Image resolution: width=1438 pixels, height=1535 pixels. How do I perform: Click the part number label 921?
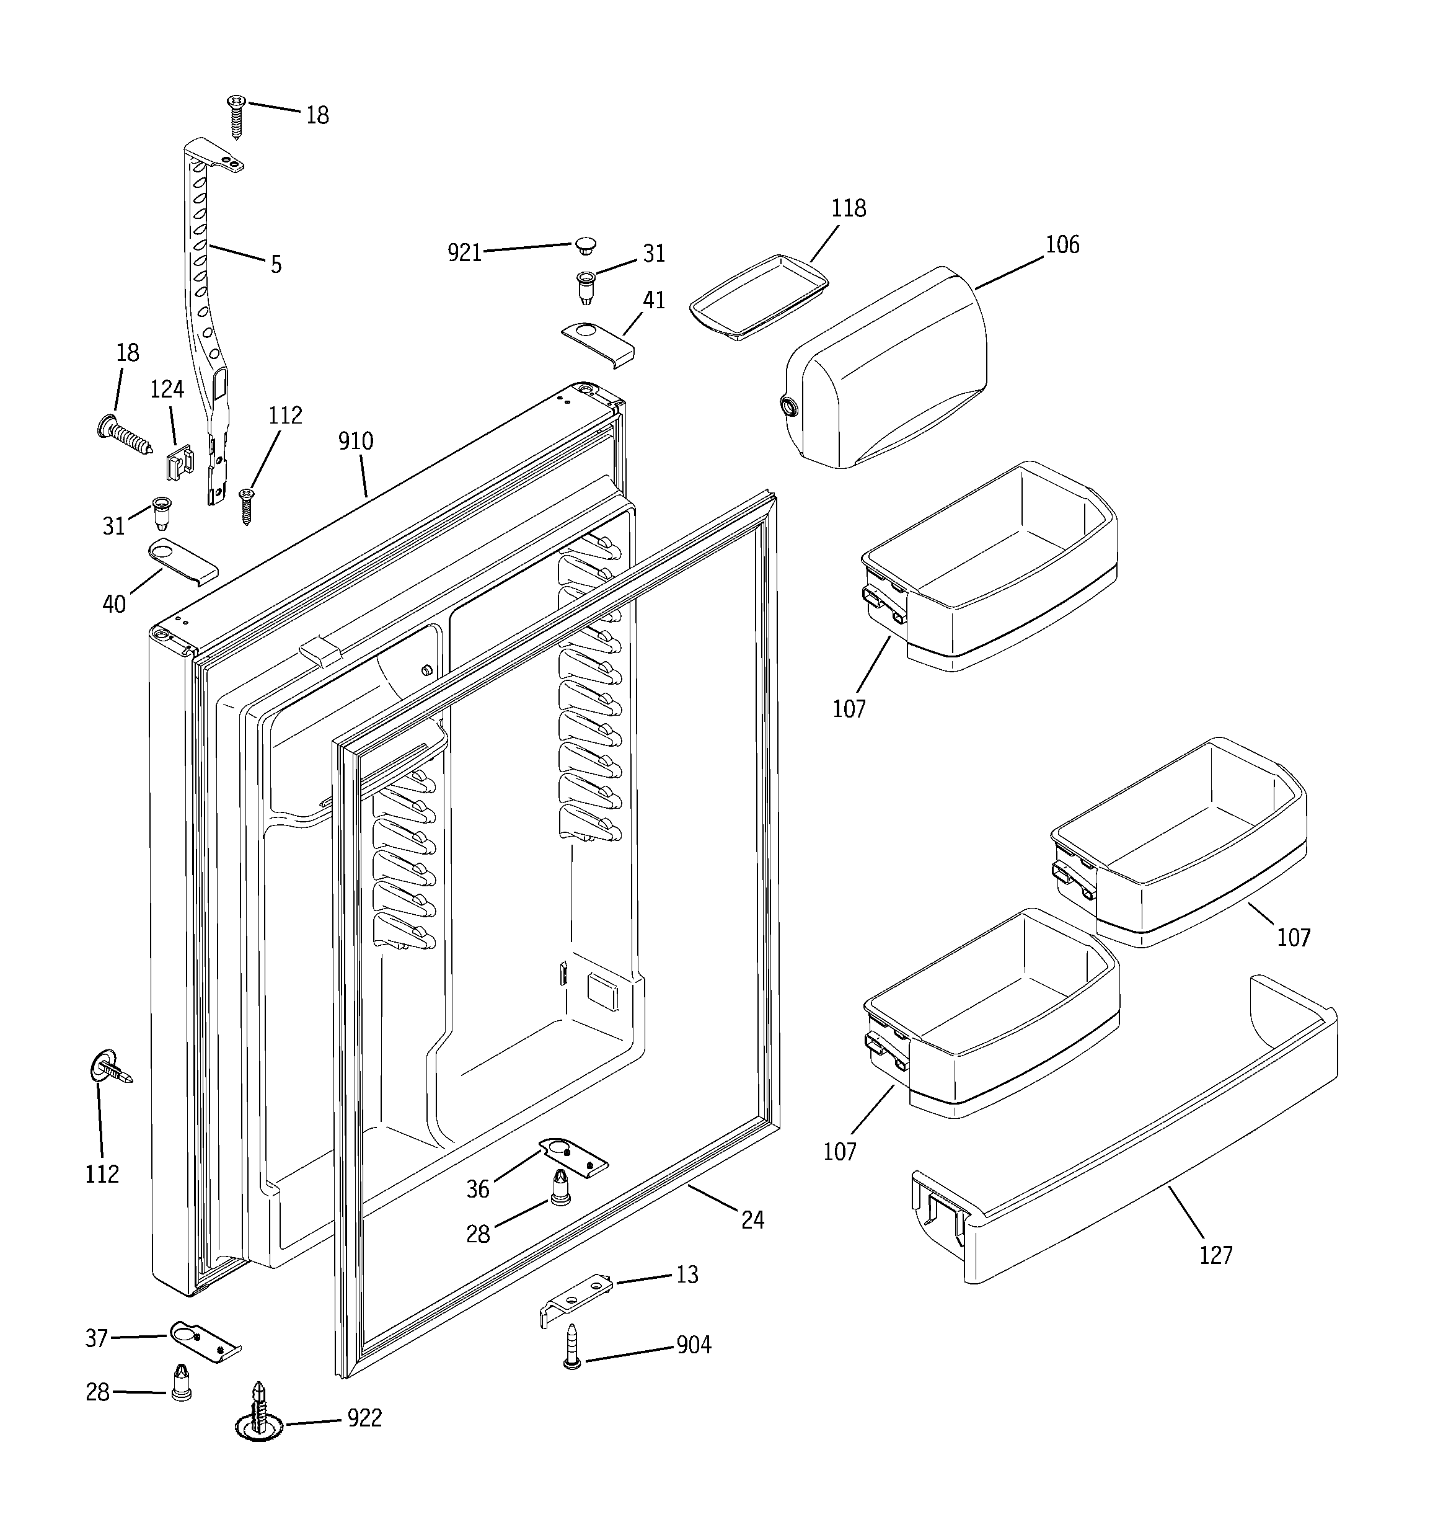[x=465, y=252]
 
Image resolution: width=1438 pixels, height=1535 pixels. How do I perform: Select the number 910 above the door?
[x=355, y=441]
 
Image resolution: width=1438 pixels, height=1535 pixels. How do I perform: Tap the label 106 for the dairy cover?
[x=1062, y=245]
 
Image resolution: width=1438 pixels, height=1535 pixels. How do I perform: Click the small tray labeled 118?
[x=759, y=297]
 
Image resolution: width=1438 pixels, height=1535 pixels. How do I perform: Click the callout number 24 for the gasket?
[x=752, y=1219]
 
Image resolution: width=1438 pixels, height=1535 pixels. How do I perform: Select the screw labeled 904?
[x=572, y=1346]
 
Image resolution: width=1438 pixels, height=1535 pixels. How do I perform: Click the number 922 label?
[x=364, y=1418]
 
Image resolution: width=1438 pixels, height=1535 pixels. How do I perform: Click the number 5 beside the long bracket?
[x=276, y=265]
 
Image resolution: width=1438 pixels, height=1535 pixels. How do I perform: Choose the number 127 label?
[x=1215, y=1255]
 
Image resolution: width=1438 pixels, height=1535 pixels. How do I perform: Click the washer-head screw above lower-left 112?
[x=110, y=1069]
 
